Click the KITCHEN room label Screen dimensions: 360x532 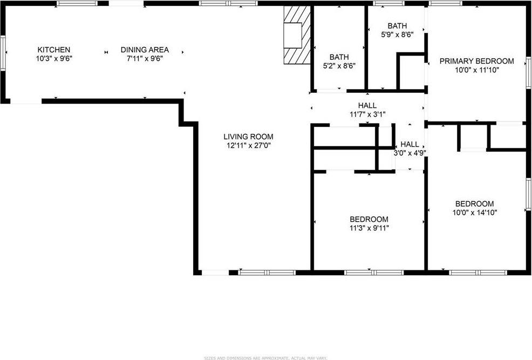(53, 50)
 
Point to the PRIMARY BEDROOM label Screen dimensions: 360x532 (476, 61)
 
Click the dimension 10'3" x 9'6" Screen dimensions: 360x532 (53, 58)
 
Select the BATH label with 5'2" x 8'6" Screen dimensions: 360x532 (339, 57)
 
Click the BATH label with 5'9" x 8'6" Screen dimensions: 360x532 (397, 26)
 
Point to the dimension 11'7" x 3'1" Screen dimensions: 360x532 (367, 114)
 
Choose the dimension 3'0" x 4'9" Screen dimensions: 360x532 (410, 153)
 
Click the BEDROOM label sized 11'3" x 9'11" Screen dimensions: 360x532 (369, 219)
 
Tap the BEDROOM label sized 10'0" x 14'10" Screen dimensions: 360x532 (475, 203)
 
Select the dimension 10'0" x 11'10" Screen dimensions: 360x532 (476, 70)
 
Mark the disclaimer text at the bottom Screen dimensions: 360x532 (265, 357)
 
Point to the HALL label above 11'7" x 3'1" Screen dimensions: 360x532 (367, 105)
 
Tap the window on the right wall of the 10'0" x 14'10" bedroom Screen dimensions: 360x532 (529, 194)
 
